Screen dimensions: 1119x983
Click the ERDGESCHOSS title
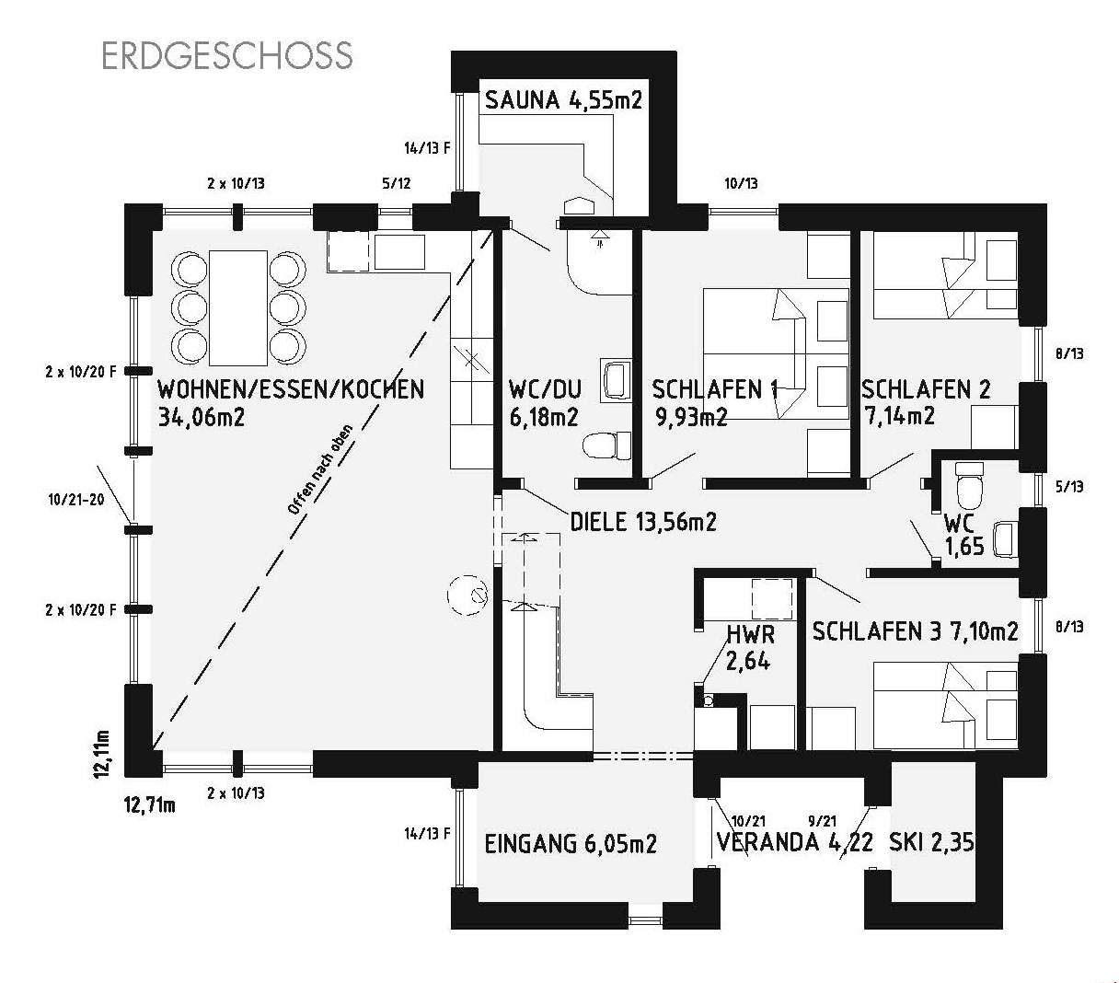coord(227,55)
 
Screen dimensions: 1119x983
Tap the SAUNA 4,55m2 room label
coord(563,100)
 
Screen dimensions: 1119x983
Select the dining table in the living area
coord(238,307)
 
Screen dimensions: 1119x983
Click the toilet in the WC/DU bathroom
coord(607,445)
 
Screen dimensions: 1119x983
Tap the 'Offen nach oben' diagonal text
coord(320,469)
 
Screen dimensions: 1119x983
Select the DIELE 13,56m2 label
coord(643,522)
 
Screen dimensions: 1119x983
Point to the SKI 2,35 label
coord(931,842)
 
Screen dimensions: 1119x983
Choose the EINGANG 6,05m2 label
coord(571,844)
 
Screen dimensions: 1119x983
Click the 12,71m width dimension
coord(150,805)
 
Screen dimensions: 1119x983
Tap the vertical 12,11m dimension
coord(101,755)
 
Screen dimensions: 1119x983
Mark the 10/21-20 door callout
coord(76,500)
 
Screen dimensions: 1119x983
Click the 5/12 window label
coord(397,183)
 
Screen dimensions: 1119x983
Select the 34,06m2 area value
coord(201,417)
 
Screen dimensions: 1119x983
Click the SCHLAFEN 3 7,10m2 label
coord(915,631)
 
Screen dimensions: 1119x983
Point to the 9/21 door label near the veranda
coord(823,821)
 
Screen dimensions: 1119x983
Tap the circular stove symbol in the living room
coord(467,596)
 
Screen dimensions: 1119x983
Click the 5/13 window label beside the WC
coord(1069,487)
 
